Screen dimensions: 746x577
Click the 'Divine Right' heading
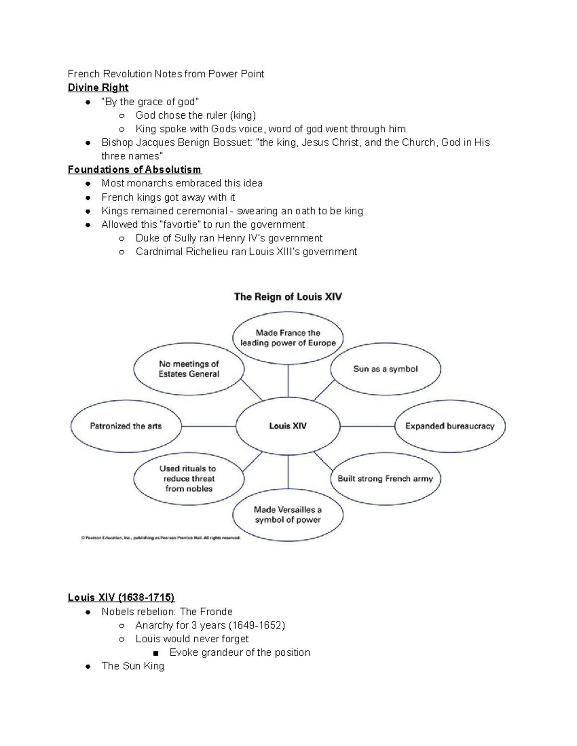(98, 87)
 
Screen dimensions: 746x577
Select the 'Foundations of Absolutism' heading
(135, 170)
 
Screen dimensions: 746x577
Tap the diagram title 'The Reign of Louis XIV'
(288, 297)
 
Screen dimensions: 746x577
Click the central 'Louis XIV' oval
(288, 426)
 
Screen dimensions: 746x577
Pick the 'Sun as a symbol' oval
(385, 369)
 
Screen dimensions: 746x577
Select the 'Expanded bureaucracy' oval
(450, 426)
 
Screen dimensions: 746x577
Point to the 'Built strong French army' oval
(385, 478)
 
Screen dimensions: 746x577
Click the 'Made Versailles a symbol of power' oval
(288, 514)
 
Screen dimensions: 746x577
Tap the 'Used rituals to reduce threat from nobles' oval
(189, 478)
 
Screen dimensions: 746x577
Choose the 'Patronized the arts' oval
(126, 426)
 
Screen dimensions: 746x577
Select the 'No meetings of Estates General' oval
(189, 369)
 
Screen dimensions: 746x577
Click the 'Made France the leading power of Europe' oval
(288, 338)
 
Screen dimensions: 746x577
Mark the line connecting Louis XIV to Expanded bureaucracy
(367, 426)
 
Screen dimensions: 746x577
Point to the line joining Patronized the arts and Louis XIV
(208, 426)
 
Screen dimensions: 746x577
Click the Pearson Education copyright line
(161, 538)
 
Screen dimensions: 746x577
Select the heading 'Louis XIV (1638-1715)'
(121, 598)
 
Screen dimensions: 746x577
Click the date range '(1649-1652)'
(256, 625)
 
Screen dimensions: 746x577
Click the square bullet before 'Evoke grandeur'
(155, 653)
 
